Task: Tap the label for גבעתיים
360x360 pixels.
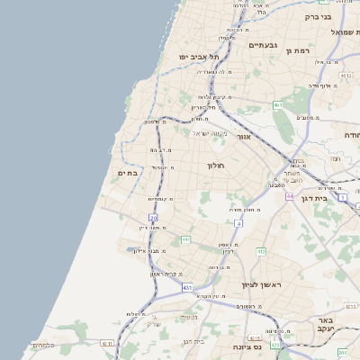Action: click(263, 45)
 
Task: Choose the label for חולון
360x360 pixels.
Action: click(216, 166)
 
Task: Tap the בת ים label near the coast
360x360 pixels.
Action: click(127, 173)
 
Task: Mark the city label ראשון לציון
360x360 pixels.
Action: click(262, 285)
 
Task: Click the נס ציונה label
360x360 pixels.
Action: click(246, 346)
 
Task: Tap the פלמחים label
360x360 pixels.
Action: click(42, 345)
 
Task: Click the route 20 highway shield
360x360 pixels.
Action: click(154, 217)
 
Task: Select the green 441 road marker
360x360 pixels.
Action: click(186, 239)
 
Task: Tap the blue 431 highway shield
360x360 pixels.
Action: click(187, 287)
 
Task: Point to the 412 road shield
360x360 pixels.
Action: click(261, 251)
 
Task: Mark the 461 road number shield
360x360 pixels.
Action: click(278, 105)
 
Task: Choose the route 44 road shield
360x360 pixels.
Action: click(290, 195)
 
